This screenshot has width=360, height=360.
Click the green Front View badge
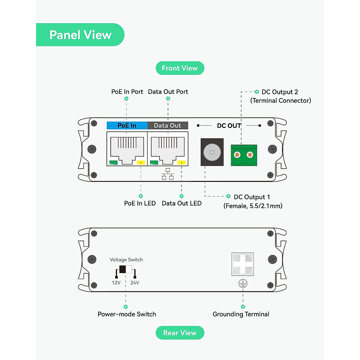pos(180,68)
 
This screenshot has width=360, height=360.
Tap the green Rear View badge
pos(180,333)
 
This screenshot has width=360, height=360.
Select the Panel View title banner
pos(80,35)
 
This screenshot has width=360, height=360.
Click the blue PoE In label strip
pos(127,125)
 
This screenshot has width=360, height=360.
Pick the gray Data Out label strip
pos(167,125)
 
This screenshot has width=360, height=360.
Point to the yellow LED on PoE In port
pos(141,163)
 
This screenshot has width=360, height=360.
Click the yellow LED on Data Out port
pos(181,163)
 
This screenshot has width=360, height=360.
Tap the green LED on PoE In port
pos(113,163)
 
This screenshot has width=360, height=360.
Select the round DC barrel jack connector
pos(212,152)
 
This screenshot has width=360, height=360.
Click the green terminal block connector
pos(244,155)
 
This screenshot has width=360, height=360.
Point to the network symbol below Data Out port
pos(168,174)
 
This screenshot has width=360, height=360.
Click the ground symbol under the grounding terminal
pos(243,283)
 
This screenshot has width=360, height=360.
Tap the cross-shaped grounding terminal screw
pos(243,264)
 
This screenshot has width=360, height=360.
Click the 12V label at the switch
pos(116,283)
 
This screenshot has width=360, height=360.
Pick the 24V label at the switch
pos(135,283)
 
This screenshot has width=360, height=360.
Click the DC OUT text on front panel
pos(229,126)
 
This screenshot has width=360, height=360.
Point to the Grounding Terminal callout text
pos(241,314)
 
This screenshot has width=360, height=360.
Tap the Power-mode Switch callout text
pos(127,314)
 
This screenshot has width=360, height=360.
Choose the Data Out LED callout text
pos(181,203)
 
